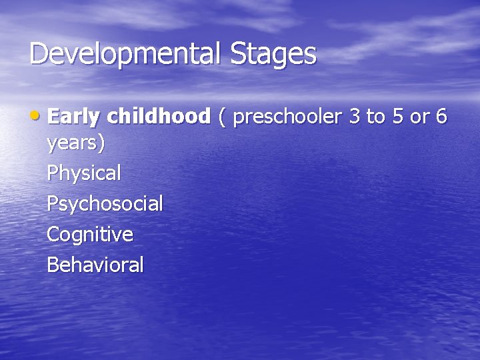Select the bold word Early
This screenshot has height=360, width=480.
click(x=73, y=117)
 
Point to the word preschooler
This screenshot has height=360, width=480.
click(x=288, y=117)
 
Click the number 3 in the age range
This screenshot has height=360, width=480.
click(x=355, y=117)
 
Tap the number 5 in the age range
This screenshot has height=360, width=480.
click(x=397, y=117)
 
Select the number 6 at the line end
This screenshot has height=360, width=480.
click(x=441, y=117)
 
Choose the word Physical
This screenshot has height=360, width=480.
click(x=84, y=174)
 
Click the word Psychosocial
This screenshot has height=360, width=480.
click(x=105, y=204)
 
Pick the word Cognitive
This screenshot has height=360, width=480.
click(x=90, y=235)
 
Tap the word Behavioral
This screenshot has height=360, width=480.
click(x=95, y=265)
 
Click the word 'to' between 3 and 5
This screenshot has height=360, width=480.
click(x=376, y=117)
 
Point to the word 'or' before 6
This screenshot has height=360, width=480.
click(x=419, y=117)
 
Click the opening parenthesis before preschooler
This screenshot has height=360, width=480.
click(x=222, y=117)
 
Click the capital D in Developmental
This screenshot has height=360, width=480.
click(x=39, y=54)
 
